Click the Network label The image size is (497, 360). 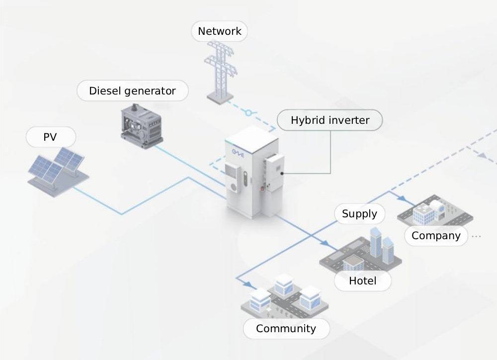[x=219, y=31]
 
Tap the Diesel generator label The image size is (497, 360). [x=132, y=91]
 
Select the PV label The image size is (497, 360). [x=50, y=137]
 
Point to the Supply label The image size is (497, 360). [x=359, y=214]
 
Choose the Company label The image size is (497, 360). [x=436, y=235]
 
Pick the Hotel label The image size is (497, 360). [x=362, y=280]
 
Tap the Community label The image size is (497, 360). [x=286, y=328]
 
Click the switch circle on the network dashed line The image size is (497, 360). [x=248, y=113]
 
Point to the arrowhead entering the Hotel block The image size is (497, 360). [x=325, y=245]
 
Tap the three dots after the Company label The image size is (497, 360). [x=476, y=236]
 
